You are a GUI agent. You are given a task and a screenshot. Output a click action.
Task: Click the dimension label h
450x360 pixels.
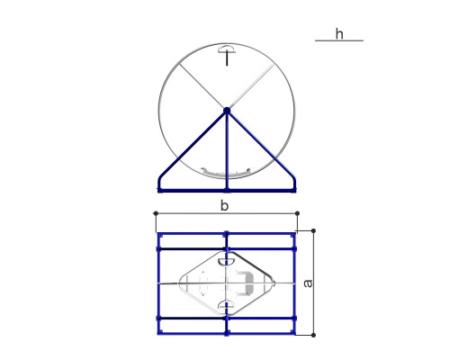tap(339, 34)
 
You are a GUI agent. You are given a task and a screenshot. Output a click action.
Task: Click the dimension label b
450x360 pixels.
tap(224, 206)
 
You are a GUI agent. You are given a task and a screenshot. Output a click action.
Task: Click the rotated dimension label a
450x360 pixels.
tap(308, 283)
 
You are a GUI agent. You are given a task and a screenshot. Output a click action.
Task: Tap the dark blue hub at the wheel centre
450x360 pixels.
tap(227, 111)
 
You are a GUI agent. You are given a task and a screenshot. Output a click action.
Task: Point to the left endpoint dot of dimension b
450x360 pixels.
tap(156, 213)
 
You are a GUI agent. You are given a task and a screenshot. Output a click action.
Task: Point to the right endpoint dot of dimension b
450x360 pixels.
tap(297, 213)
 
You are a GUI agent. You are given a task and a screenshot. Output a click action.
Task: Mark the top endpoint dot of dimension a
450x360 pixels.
tap(313, 230)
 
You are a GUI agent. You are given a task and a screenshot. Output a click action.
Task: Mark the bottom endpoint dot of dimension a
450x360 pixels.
tap(313, 335)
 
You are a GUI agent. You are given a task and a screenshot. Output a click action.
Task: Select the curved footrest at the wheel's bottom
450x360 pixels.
tap(226, 173)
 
